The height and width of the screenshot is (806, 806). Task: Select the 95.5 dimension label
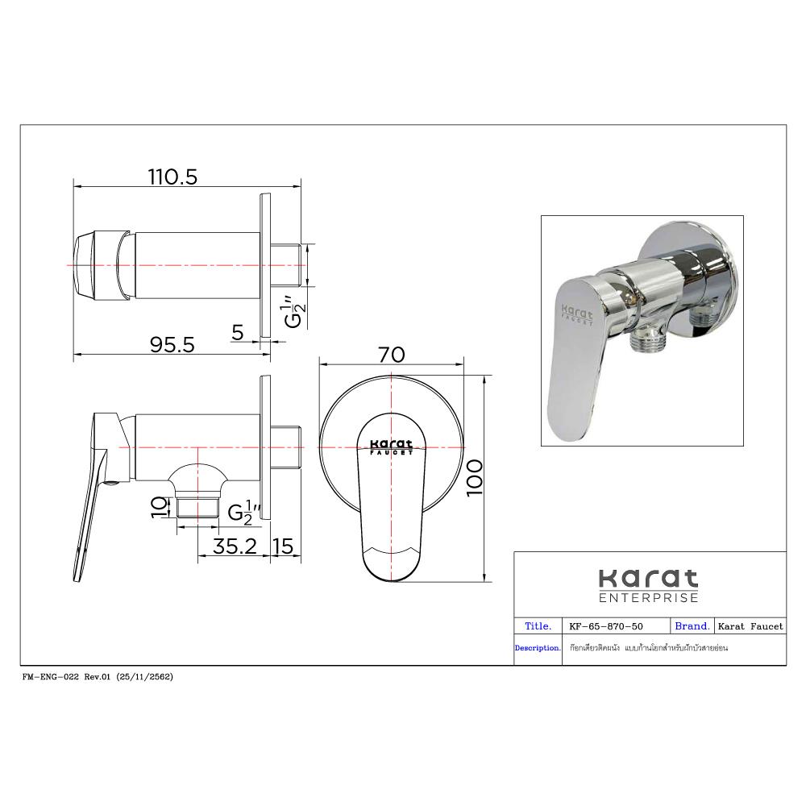pyautogui.click(x=172, y=344)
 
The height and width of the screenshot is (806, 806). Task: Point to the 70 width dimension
pyautogui.click(x=392, y=355)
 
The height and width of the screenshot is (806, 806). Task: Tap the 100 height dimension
pyautogui.click(x=474, y=477)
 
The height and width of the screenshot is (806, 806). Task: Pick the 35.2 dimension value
pyautogui.click(x=235, y=546)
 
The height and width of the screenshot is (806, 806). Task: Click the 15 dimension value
pyautogui.click(x=284, y=546)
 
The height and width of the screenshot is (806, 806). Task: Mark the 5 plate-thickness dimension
pyautogui.click(x=238, y=332)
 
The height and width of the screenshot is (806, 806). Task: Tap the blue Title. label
pyautogui.click(x=538, y=625)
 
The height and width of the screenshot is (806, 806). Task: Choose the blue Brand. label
pyautogui.click(x=692, y=625)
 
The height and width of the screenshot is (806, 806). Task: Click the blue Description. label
pyautogui.click(x=538, y=648)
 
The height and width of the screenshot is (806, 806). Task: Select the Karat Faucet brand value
pyautogui.click(x=750, y=626)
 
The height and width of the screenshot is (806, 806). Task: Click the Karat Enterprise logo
pyautogui.click(x=648, y=585)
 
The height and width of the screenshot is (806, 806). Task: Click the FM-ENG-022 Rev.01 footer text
pyautogui.click(x=98, y=677)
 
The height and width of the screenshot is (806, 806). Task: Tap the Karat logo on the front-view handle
pyautogui.click(x=391, y=447)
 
